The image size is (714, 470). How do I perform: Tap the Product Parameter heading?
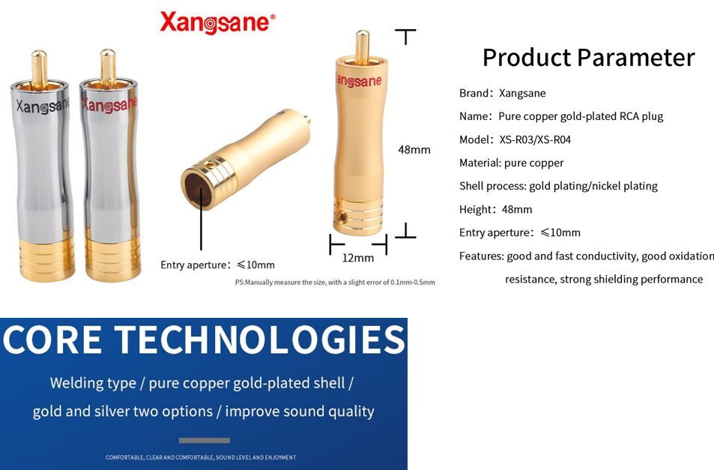coord(588,58)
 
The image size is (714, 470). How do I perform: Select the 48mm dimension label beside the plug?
coord(414,150)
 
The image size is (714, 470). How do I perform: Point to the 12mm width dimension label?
coord(358,258)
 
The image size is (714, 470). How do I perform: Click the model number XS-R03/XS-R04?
coord(535,140)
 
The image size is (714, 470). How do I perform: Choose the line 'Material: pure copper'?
coord(512,163)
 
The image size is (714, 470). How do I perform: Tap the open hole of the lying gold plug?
coord(198,190)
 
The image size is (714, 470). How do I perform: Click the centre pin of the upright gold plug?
coord(363,47)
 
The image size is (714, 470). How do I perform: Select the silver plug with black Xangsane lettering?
coord(43,166)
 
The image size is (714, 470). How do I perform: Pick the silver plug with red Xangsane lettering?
coord(109,166)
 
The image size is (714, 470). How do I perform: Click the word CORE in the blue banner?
coord(52,340)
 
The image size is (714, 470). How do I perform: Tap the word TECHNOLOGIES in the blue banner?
coord(259,340)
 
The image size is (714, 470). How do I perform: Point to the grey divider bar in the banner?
coord(204,441)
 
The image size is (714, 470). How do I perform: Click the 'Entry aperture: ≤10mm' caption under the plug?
coord(218,265)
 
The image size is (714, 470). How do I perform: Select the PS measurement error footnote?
coord(335,283)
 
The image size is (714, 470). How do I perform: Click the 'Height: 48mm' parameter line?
coord(495,209)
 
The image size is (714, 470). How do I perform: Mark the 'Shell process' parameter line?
coord(558,186)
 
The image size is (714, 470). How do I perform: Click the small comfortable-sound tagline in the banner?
coord(201,457)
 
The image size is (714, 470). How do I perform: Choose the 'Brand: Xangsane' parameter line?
coord(502,94)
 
